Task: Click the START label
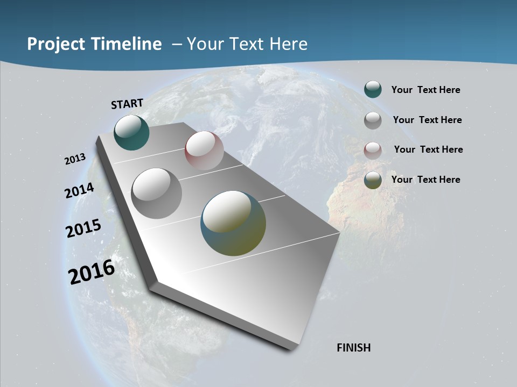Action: [x=127, y=104]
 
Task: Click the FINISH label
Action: [x=354, y=348]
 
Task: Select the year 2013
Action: [x=75, y=159]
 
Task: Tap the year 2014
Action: [x=79, y=191]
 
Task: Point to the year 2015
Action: [x=83, y=228]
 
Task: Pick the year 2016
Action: [x=91, y=271]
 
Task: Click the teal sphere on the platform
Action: [x=131, y=133]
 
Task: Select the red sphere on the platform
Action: [x=204, y=150]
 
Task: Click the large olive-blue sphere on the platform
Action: [x=233, y=223]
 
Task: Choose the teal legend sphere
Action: [x=373, y=90]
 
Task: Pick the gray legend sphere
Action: [x=373, y=120]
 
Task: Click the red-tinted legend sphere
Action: [x=373, y=150]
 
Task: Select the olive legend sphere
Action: [x=373, y=181]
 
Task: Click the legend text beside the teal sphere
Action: [x=425, y=90]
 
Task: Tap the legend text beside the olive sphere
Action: [x=425, y=180]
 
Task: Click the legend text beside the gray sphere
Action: [x=427, y=120]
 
